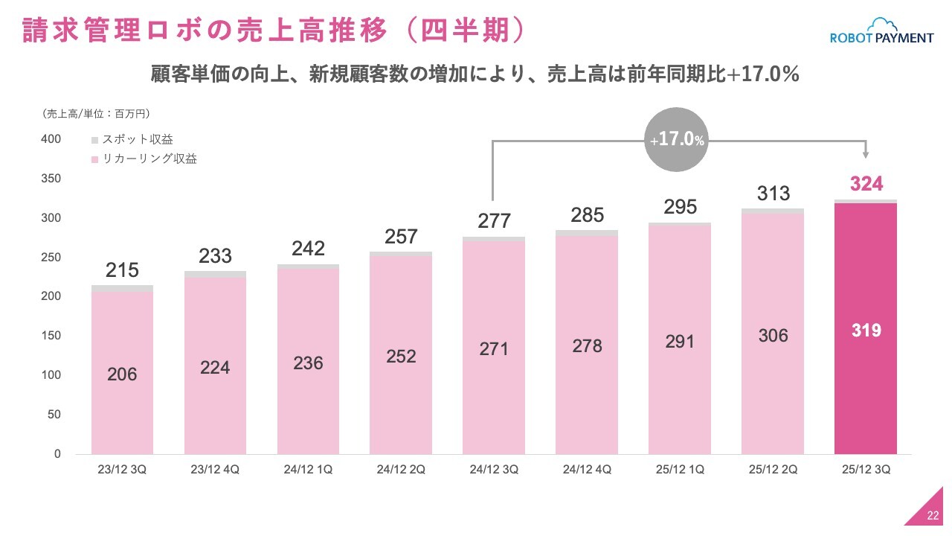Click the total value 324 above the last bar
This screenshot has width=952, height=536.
point(866,184)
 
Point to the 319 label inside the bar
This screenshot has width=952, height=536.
point(866,331)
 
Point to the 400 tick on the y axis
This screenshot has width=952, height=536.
point(51,139)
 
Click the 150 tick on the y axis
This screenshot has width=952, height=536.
point(51,336)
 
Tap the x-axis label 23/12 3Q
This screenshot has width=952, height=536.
point(122,470)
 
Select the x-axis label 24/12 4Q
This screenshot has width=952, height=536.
point(587,470)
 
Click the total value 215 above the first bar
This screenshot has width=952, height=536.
point(122,270)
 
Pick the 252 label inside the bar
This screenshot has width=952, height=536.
point(401,357)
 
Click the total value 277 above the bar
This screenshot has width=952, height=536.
point(494,221)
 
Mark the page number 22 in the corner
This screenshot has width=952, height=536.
point(933,517)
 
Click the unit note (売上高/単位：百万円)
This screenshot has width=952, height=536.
point(97,114)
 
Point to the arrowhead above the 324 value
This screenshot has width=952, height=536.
point(866,154)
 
